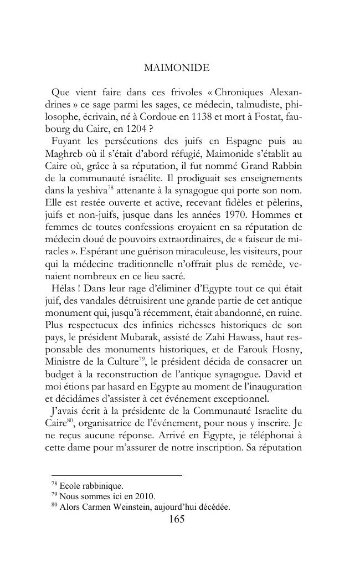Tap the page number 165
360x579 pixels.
click(176, 519)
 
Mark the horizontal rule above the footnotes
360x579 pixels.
click(116, 475)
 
